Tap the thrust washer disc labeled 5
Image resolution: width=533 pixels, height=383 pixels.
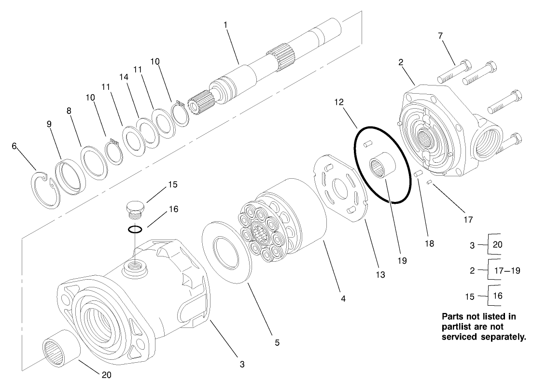coord(230,254)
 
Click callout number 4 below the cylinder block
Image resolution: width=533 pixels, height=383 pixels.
coord(343,299)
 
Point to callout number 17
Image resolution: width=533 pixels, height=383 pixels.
coord(467,219)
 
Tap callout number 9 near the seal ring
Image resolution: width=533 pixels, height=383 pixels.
coord(49,123)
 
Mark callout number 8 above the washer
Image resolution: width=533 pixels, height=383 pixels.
coord(69,110)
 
